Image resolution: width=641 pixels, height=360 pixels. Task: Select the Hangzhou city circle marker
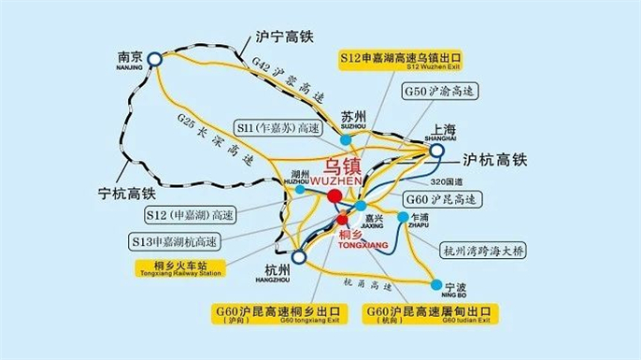[x=299, y=255]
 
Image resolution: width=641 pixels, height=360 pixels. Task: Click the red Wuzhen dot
[x=335, y=195]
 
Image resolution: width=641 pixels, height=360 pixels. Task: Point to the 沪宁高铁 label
[x=285, y=39]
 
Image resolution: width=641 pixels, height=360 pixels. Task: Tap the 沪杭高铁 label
[x=495, y=160]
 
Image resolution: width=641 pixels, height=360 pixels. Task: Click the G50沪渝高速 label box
[x=439, y=92]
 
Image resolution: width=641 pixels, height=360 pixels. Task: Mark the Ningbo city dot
[x=436, y=282]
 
